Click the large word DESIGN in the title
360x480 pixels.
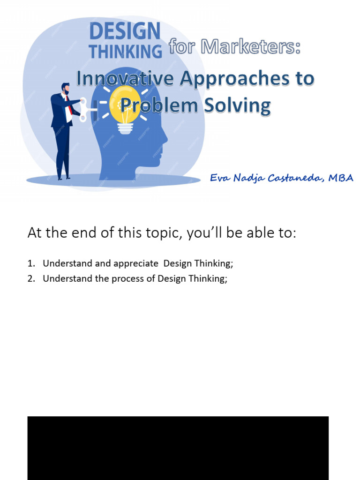coord(125,32)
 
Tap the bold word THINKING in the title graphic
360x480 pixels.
coord(126,51)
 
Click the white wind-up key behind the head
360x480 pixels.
coord(84,109)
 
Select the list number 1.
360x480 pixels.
coord(30,263)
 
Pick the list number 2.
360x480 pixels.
coord(30,278)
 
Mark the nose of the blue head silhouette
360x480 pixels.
coord(165,138)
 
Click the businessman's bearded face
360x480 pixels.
coord(66,89)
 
